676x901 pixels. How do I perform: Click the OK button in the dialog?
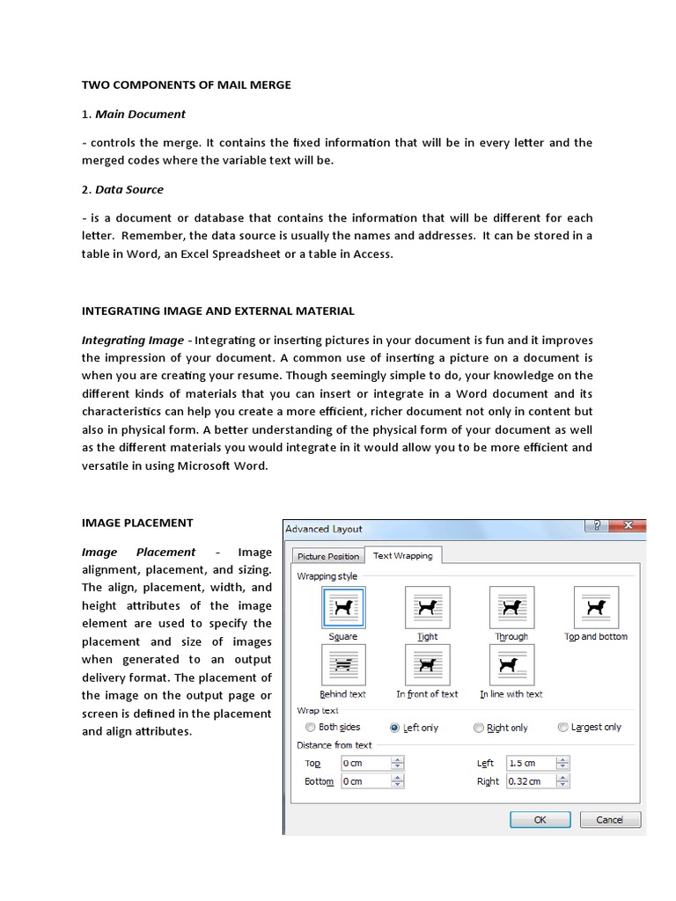click(x=540, y=819)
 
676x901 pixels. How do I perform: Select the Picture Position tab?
click(x=328, y=556)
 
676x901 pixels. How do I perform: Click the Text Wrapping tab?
click(x=403, y=555)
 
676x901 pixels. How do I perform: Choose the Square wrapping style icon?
click(x=342, y=607)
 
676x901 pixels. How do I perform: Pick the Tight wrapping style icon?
click(x=428, y=607)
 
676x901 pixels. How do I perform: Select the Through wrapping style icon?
click(x=511, y=607)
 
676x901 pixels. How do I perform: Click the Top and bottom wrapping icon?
click(x=596, y=607)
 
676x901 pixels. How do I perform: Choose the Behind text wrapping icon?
click(x=342, y=665)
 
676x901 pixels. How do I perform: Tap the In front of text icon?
click(x=428, y=665)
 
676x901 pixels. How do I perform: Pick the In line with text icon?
click(x=511, y=665)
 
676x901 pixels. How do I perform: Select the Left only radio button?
click(x=393, y=728)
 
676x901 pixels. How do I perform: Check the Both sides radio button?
click(x=310, y=728)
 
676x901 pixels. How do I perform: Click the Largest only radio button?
click(x=562, y=728)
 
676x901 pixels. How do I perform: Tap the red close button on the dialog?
click(x=627, y=526)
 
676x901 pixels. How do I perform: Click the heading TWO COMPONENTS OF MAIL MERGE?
click(x=187, y=85)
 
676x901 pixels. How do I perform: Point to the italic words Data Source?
click(x=129, y=189)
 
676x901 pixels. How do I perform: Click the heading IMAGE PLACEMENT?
click(x=137, y=523)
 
